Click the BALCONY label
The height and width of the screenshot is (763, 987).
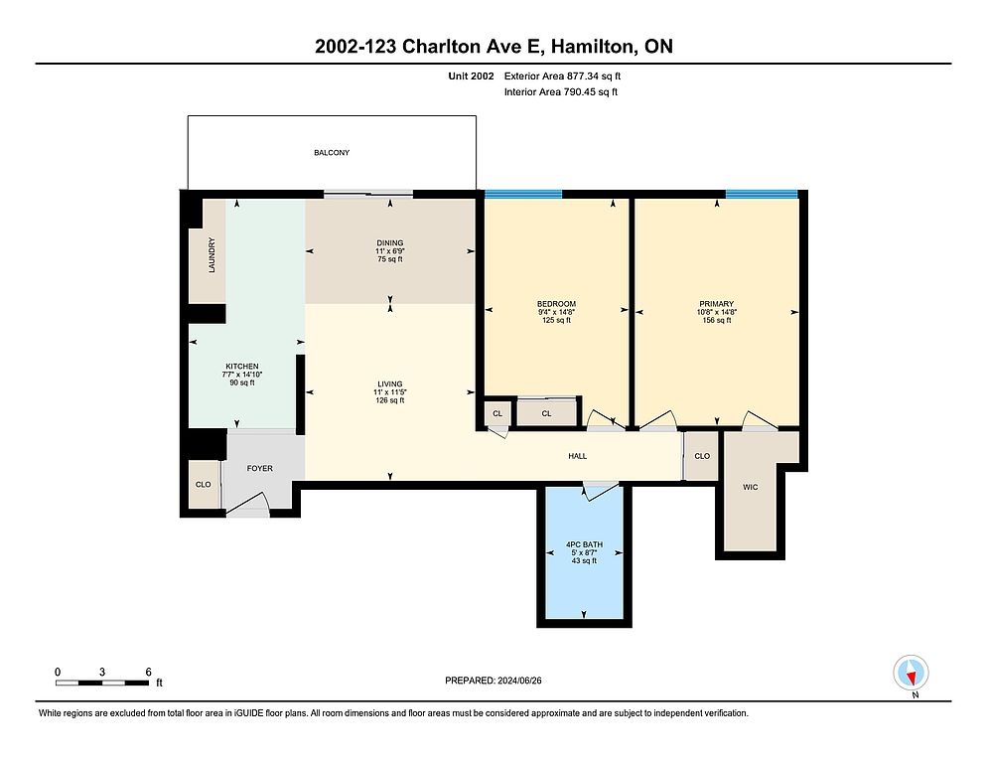pyautogui.click(x=331, y=152)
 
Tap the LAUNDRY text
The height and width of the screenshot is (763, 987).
pyautogui.click(x=211, y=255)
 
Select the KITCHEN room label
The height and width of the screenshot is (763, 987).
pyautogui.click(x=242, y=366)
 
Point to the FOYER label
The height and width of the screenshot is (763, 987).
pyautogui.click(x=259, y=468)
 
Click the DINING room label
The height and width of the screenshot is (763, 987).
pyautogui.click(x=389, y=242)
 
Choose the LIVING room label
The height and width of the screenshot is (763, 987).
pyautogui.click(x=389, y=383)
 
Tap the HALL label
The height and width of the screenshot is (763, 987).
pyautogui.click(x=577, y=456)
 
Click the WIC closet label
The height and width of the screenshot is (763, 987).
pyautogui.click(x=751, y=487)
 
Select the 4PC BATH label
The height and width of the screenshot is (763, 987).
pyautogui.click(x=584, y=544)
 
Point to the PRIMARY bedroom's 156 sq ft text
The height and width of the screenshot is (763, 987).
pyautogui.click(x=716, y=320)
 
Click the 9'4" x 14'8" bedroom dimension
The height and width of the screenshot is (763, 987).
pyautogui.click(x=556, y=312)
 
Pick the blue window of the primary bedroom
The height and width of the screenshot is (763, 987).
pyautogui.click(x=762, y=194)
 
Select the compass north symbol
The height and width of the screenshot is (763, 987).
pyautogui.click(x=911, y=673)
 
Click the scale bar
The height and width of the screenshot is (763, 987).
pyautogui.click(x=102, y=683)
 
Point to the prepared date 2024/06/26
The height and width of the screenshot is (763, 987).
pyautogui.click(x=519, y=681)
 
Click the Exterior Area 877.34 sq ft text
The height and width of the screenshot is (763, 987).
pyautogui.click(x=562, y=76)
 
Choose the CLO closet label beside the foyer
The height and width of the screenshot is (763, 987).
pyautogui.click(x=203, y=485)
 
